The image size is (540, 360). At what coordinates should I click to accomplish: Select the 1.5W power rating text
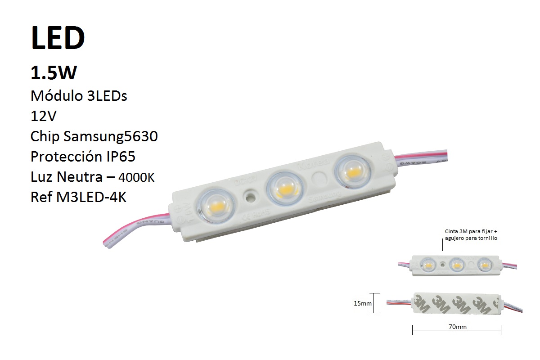(x=54, y=73)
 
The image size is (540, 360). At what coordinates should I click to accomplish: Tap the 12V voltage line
(x=44, y=116)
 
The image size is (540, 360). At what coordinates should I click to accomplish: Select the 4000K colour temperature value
(x=136, y=178)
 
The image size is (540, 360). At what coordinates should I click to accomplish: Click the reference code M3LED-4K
(x=93, y=197)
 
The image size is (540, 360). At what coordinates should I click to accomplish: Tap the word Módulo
(x=52, y=96)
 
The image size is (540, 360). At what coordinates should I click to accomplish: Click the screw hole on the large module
(x=249, y=196)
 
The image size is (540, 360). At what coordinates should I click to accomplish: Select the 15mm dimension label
(x=363, y=304)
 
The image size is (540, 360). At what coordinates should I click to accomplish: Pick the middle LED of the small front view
(x=456, y=265)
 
